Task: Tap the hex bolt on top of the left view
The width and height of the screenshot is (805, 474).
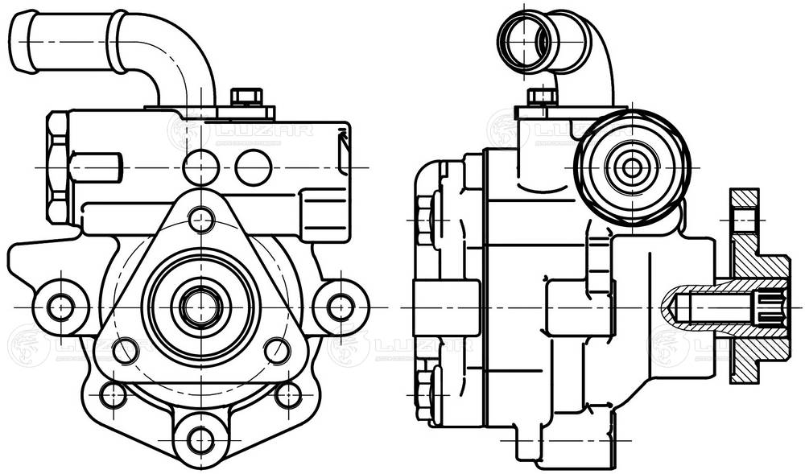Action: click(246, 97)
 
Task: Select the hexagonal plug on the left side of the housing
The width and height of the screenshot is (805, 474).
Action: click(58, 167)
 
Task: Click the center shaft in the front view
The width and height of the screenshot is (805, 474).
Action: click(200, 306)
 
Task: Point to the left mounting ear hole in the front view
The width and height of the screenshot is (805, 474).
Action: click(60, 307)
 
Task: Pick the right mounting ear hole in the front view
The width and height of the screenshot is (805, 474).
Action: click(341, 307)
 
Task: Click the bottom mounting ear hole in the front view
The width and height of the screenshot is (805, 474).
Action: click(200, 439)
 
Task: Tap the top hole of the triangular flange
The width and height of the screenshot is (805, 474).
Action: click(200, 219)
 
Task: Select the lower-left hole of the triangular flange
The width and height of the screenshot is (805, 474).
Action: click(125, 350)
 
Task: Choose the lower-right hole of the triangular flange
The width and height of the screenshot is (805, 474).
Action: click(277, 350)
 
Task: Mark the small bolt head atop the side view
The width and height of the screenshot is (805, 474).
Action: click(542, 97)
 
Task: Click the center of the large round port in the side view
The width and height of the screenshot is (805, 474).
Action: click(633, 167)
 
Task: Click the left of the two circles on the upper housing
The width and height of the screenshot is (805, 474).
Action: click(200, 167)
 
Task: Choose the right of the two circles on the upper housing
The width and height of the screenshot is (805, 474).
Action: click(254, 167)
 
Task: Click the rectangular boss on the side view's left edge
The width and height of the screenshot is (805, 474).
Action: click(435, 307)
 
